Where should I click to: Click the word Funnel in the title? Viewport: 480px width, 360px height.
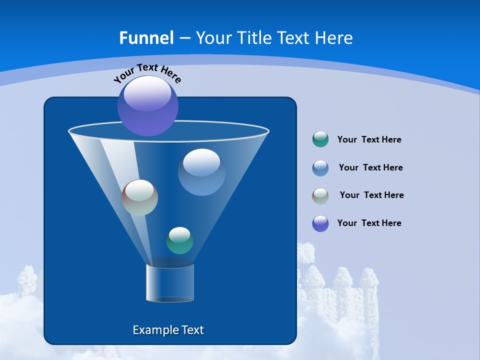[x=146, y=38]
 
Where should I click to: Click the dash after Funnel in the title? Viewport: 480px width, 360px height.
[x=184, y=38]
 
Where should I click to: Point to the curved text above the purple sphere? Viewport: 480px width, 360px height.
[x=147, y=73]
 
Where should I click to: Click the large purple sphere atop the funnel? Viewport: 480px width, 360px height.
[x=148, y=106]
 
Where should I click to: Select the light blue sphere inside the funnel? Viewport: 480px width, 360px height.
[x=201, y=172]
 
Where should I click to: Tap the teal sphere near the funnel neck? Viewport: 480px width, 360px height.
[x=179, y=240]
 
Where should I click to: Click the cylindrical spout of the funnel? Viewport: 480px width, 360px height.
[x=170, y=283]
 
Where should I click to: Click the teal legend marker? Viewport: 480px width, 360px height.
[x=320, y=139]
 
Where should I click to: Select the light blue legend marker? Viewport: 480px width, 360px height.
[x=320, y=168]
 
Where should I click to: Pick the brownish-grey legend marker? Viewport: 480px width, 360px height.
[x=320, y=196]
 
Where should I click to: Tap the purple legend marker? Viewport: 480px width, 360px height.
[x=320, y=223]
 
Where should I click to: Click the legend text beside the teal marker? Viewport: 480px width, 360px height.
[x=369, y=140]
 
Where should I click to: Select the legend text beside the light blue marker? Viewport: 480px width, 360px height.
[x=370, y=168]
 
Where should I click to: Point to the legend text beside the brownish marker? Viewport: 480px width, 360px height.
[x=371, y=195]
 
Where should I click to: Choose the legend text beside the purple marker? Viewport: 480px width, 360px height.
[x=369, y=223]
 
